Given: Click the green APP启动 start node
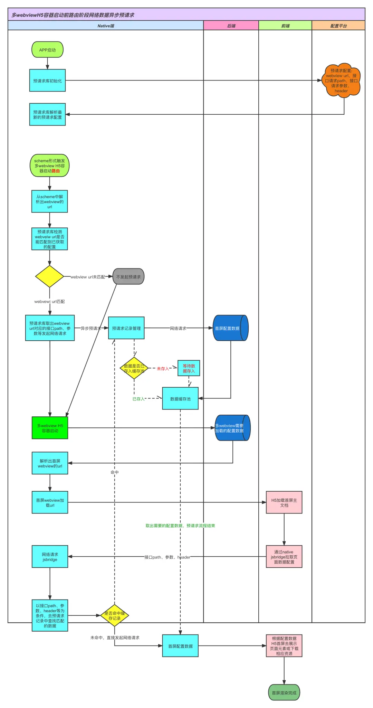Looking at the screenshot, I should [47, 50].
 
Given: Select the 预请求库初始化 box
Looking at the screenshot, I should [47, 81].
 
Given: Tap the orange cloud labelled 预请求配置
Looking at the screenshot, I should [341, 81].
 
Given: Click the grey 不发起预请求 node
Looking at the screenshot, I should [128, 277].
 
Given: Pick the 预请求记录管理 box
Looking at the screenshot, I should [126, 328].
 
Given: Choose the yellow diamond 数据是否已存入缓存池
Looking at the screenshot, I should [134, 368].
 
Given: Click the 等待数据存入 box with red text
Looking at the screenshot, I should [189, 368].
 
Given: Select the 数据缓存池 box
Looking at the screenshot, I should [180, 399].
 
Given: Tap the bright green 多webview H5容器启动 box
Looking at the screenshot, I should [50, 428].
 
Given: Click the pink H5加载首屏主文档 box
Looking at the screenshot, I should [284, 502].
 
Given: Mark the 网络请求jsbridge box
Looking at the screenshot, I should [50, 557].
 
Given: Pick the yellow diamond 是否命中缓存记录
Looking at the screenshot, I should [115, 615].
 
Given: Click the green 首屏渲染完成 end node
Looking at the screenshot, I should [284, 692].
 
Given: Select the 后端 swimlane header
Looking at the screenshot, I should [231, 26].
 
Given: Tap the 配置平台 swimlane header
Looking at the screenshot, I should [338, 26].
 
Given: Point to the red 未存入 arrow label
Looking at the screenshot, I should [163, 369].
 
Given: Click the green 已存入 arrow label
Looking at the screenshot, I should [138, 399].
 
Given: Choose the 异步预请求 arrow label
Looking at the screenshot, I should [91, 328].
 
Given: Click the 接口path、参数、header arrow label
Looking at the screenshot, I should [167, 557].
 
